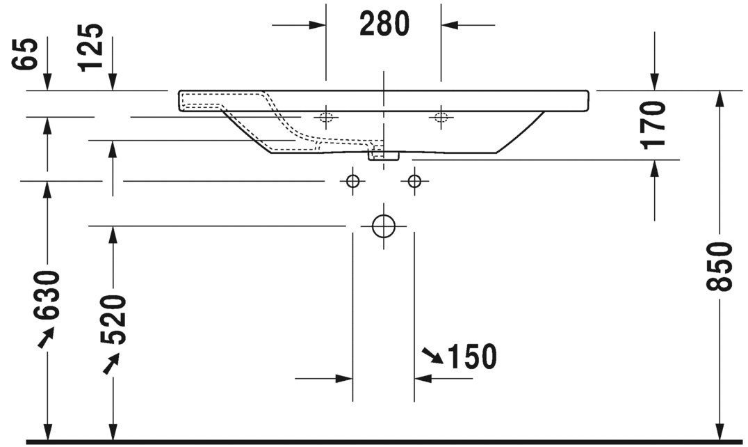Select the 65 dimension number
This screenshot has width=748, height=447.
[x=26, y=54]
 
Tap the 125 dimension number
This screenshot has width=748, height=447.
[x=91, y=47]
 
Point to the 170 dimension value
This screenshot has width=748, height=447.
[x=654, y=124]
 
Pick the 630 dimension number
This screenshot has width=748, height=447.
[x=47, y=295]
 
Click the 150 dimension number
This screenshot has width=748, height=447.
[x=472, y=357]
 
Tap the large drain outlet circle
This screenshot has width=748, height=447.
[x=383, y=226]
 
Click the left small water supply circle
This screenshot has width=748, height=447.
[x=353, y=181]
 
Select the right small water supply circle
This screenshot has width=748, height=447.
[x=414, y=181]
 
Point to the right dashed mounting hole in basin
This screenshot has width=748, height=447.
[x=440, y=116]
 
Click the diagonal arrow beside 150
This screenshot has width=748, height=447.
[x=432, y=356]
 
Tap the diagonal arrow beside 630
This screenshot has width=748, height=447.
[x=45, y=338]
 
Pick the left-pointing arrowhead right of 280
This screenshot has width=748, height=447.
[x=450, y=26]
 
